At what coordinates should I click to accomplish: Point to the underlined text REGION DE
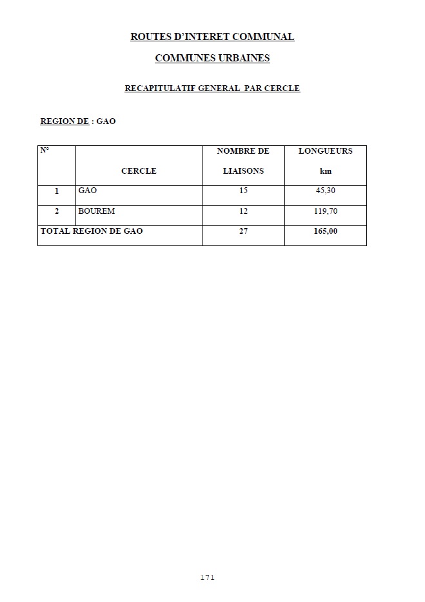coord(64,121)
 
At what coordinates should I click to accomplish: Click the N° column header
coord(44,150)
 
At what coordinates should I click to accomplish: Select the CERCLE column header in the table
coord(139,171)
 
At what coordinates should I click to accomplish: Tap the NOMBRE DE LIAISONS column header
coord(243,161)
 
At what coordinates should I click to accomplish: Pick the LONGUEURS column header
coord(325,151)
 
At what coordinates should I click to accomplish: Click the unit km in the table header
coord(325,171)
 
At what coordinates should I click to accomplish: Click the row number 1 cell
coord(57,191)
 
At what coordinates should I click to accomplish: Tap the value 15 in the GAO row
coord(243,191)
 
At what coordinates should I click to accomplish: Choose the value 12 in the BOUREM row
coord(243,211)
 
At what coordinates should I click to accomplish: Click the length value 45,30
coord(325,191)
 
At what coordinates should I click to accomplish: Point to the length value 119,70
coord(325,211)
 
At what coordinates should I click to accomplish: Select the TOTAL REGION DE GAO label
coord(92,231)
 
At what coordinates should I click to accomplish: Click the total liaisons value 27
coord(243,231)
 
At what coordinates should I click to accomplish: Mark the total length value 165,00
coord(325,231)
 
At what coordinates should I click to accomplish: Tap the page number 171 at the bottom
coord(207,577)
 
